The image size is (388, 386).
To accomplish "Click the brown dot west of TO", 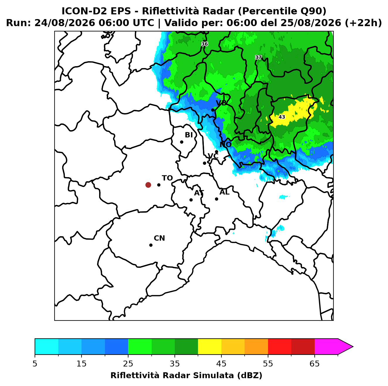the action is (148, 184).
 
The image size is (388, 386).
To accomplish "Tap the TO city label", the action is (167, 178).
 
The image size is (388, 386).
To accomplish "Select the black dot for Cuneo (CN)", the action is (151, 245).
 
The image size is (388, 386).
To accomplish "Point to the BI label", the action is (189, 135).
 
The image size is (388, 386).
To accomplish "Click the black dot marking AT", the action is (191, 200).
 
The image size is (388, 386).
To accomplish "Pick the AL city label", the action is (224, 192).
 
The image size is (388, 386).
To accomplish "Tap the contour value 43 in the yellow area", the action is (282, 117).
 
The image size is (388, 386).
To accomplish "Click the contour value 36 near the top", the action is (204, 44).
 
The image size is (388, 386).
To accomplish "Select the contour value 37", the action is (258, 57).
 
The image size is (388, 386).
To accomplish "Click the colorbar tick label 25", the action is (128, 364).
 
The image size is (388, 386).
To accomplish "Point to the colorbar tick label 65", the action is (314, 364).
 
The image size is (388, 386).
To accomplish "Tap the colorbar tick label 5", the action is (35, 364).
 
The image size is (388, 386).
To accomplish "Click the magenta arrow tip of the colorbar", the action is (353, 347).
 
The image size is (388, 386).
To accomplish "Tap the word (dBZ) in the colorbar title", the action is (250, 375).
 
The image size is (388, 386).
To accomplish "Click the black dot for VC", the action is (204, 163).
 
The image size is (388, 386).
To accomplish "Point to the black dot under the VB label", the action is (213, 110).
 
